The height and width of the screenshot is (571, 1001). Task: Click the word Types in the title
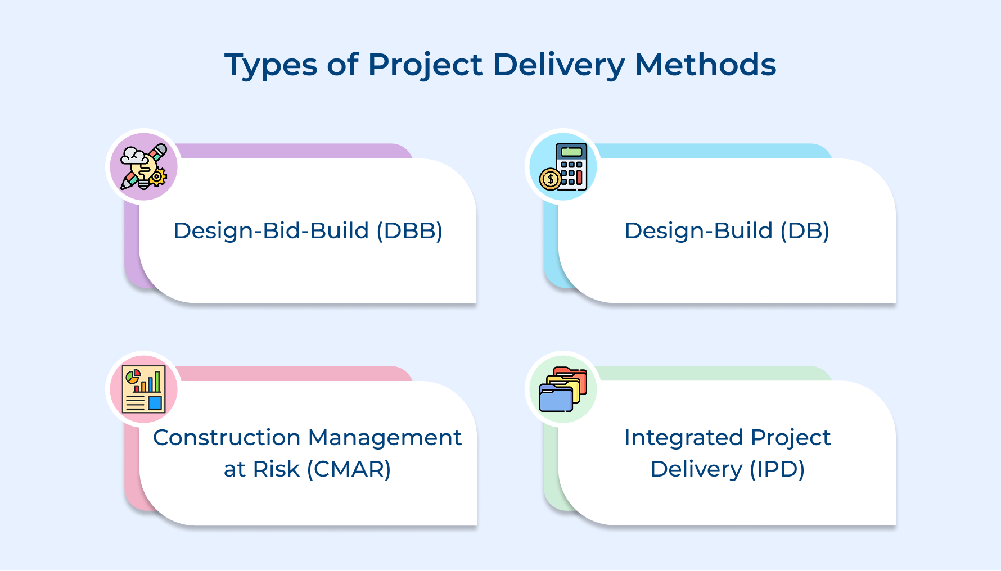coord(271,65)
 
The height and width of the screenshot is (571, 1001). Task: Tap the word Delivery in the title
coord(559,65)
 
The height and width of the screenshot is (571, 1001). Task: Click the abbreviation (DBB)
coord(409,231)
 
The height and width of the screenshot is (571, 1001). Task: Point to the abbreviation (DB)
coord(805,231)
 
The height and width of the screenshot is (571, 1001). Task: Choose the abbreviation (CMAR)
coord(349,469)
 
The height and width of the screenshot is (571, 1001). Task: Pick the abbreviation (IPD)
coord(777,469)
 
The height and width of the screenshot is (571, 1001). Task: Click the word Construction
coord(227,438)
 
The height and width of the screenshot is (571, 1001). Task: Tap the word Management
coord(385,438)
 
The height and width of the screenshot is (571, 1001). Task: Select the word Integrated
coord(683,438)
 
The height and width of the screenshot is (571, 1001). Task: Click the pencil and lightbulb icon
coord(143,166)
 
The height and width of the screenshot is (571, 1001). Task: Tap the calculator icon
coord(570,166)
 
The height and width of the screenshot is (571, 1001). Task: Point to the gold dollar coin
coord(550,179)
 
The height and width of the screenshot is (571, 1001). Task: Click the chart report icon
coord(143,389)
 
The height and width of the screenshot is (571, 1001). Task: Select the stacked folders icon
coord(563,389)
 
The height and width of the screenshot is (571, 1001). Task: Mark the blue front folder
coord(556,399)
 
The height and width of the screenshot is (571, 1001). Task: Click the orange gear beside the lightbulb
coord(157,178)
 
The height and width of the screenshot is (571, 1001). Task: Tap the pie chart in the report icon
coord(133,376)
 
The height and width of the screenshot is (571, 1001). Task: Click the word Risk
coord(276,469)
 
